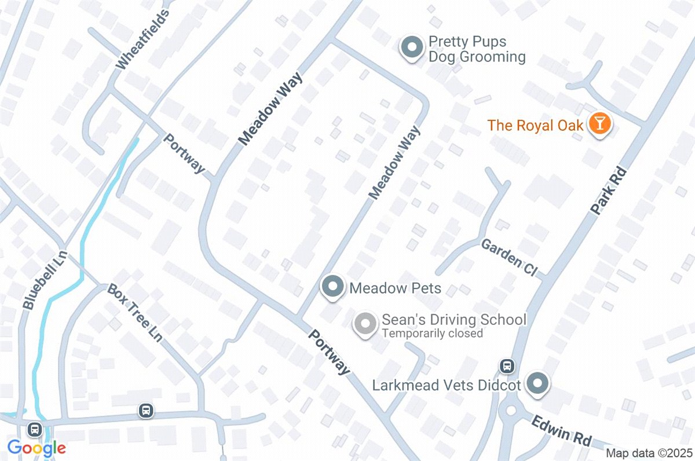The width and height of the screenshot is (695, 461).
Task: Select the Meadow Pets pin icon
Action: (x=333, y=287)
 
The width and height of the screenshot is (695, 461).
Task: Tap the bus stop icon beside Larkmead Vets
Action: (x=507, y=366)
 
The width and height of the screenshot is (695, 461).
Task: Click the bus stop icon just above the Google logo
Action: (x=35, y=429)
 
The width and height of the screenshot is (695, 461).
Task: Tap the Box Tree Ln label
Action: (x=134, y=313)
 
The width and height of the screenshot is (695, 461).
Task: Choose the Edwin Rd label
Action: (x=561, y=431)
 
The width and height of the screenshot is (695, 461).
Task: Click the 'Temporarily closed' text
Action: (x=431, y=334)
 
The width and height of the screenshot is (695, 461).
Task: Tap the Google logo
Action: (x=36, y=448)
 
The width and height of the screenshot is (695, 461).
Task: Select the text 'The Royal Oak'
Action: (x=535, y=125)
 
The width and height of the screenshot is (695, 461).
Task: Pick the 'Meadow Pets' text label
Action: (x=396, y=288)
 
